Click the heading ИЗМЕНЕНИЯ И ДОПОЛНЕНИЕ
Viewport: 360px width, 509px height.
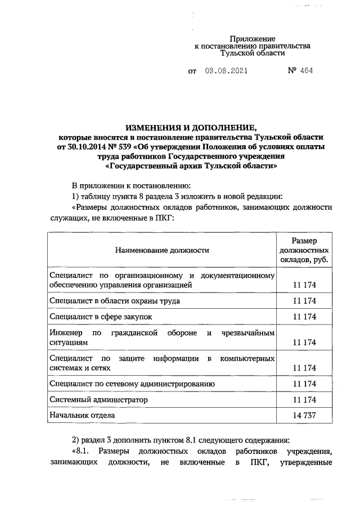click(x=191, y=128)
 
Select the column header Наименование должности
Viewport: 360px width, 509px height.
click(x=162, y=250)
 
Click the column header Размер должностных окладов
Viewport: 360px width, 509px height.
click(x=304, y=250)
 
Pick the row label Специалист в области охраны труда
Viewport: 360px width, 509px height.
click(x=115, y=301)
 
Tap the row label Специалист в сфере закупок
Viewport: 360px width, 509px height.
click(x=101, y=317)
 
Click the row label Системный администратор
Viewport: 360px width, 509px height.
click(x=98, y=399)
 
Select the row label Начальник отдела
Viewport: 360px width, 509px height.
click(x=82, y=415)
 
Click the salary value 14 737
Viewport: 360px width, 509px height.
click(x=304, y=416)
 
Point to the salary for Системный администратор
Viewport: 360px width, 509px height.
click(x=304, y=400)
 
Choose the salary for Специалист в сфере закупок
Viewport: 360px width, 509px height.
click(x=304, y=317)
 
